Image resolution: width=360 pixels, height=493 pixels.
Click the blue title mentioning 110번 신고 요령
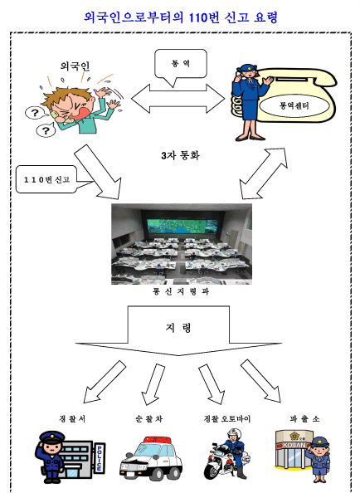pos(180,17)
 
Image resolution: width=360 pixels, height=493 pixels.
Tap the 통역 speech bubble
pos(181,64)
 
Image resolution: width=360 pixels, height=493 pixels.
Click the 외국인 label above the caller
pos(75,66)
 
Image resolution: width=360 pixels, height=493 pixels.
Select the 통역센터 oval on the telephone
pos(294,105)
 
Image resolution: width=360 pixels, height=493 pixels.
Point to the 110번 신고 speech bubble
pos(47,179)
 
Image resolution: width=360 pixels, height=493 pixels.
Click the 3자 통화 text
pos(180,155)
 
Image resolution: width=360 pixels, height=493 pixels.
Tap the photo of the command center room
pos(182,244)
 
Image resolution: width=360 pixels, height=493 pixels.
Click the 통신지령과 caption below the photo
pos(181,292)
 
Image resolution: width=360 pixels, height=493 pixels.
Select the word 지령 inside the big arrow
pos(178,328)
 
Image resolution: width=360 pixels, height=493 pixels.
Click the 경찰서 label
pos(72,419)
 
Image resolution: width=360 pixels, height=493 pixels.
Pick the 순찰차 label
pos(149,419)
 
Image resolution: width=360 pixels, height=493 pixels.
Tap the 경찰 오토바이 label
pos(226,419)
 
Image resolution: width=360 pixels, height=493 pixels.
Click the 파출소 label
pos(304,419)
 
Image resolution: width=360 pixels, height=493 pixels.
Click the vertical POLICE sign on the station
pos(100,458)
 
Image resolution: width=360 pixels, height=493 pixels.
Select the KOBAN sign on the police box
pos(294,445)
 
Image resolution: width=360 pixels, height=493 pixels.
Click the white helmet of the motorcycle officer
pos(234,434)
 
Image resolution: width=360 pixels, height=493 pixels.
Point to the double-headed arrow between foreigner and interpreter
pos(178,99)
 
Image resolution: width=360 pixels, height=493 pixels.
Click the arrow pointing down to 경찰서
pos(104,383)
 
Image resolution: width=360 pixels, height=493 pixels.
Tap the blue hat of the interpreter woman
pos(246,67)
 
